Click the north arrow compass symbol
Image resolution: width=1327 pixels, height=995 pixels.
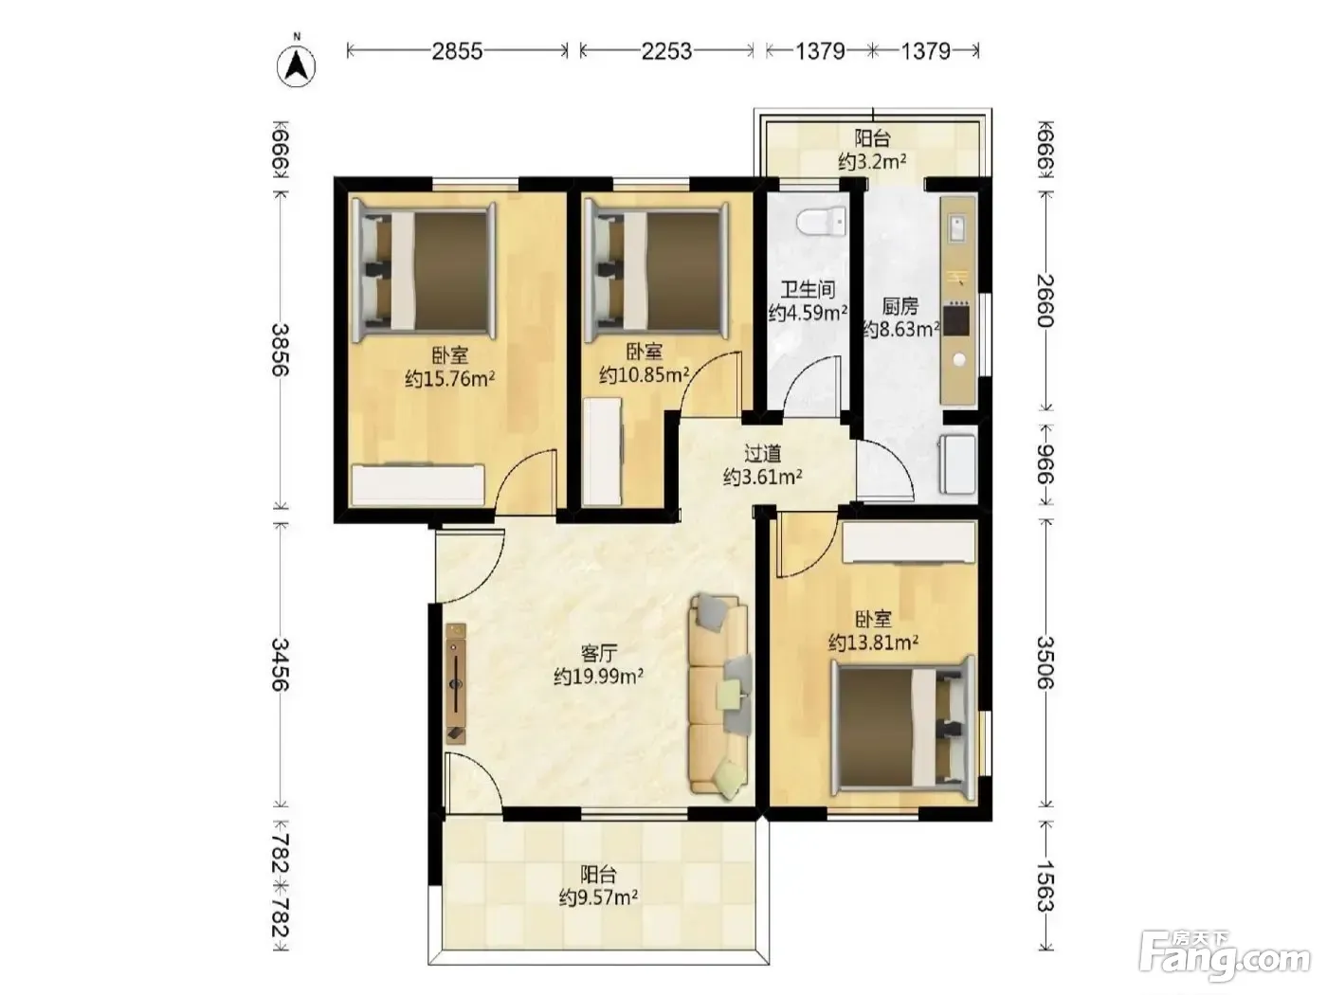(x=297, y=65)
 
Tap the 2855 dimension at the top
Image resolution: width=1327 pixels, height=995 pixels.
(x=457, y=51)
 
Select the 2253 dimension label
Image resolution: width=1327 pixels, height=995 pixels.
(x=666, y=51)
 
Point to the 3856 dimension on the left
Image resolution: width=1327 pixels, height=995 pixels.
(x=280, y=350)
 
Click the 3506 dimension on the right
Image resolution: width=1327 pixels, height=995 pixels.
(x=1045, y=662)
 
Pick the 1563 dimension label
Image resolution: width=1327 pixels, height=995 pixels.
(x=1045, y=886)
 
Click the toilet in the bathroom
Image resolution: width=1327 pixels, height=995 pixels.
(x=821, y=222)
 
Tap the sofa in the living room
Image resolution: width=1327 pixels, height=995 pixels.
(x=720, y=697)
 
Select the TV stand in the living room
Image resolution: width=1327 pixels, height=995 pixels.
(x=456, y=683)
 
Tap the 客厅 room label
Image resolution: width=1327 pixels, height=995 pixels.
(x=598, y=654)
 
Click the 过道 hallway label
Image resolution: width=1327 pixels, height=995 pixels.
(x=762, y=453)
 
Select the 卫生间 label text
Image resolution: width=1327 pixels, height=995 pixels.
(x=808, y=290)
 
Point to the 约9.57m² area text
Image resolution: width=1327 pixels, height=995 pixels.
(x=598, y=897)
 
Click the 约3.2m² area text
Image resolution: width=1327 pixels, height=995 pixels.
(x=872, y=161)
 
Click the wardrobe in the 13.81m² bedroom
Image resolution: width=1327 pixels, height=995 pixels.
(x=909, y=542)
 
